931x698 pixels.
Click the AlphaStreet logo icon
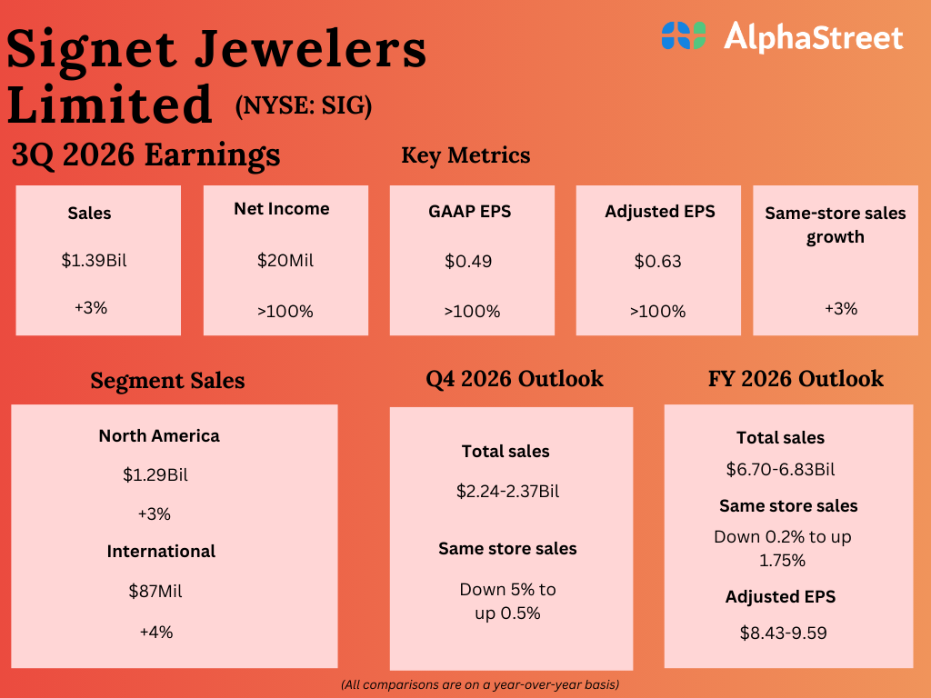tap(684, 36)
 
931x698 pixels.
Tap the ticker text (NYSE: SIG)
tap(304, 106)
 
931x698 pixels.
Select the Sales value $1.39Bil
tap(94, 261)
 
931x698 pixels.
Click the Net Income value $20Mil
tap(285, 261)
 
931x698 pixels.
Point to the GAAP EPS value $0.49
tap(468, 261)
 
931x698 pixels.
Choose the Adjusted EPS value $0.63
tap(658, 261)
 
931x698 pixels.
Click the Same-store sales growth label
tap(836, 224)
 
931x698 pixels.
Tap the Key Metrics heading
tap(465, 155)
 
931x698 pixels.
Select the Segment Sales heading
tap(167, 380)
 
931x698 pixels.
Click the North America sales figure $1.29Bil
tap(155, 474)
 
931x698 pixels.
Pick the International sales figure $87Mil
tap(155, 591)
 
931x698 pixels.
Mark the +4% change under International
tap(155, 632)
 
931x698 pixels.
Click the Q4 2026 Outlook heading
tap(515, 378)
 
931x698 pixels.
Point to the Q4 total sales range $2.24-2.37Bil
tap(507, 492)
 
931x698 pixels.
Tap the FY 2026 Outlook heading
tap(796, 378)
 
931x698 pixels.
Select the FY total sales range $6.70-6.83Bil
tap(780, 470)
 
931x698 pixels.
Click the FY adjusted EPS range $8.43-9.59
tap(783, 633)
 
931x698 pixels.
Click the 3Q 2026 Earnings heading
tap(145, 155)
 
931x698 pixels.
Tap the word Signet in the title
tap(96, 49)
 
